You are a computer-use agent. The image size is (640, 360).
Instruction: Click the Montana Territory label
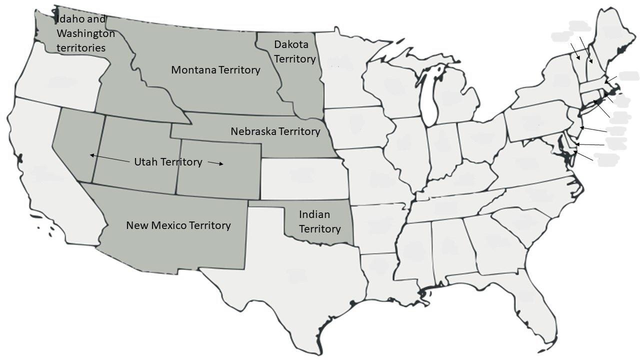(x=215, y=70)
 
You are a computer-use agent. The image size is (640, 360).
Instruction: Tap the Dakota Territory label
(x=295, y=51)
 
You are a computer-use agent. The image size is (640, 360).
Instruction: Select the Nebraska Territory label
(x=275, y=131)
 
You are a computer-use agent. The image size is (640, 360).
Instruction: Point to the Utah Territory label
(x=168, y=162)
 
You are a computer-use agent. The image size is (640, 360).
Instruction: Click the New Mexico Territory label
(x=178, y=225)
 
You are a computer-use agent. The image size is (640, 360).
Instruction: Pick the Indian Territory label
(x=319, y=221)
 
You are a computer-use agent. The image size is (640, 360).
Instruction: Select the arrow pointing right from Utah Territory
(x=215, y=163)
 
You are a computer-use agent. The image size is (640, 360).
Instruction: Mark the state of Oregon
(x=57, y=80)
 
